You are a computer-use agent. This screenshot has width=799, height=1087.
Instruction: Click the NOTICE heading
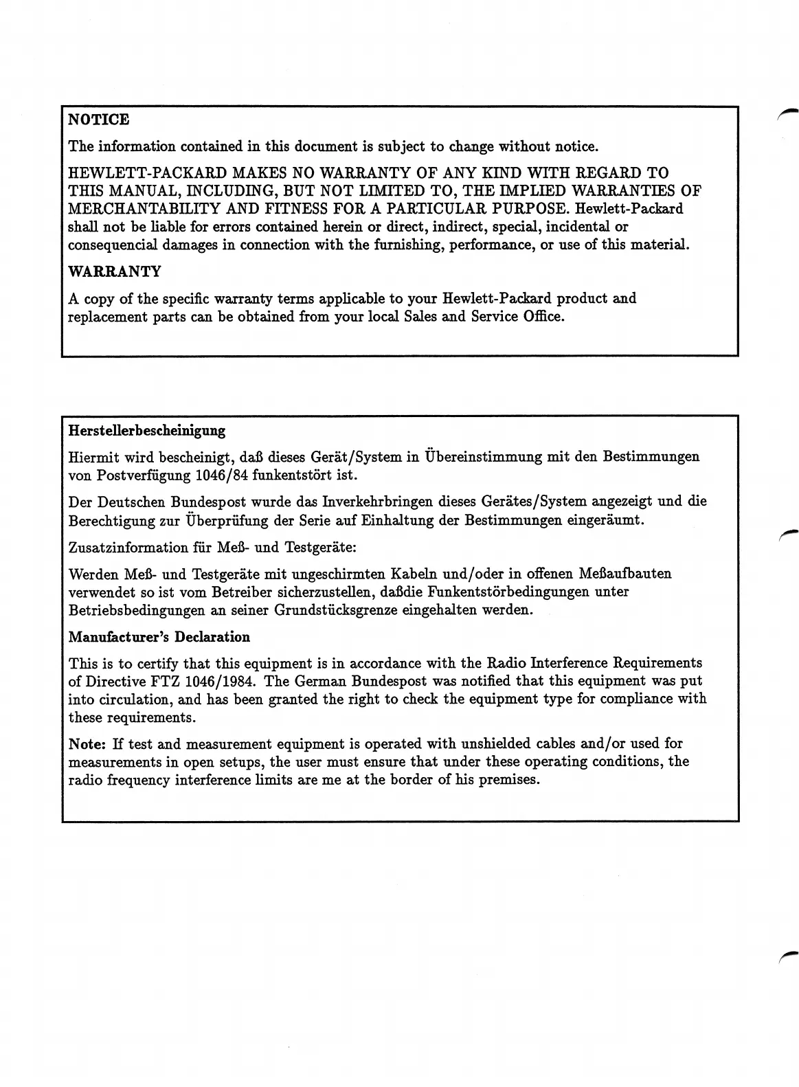[x=99, y=120]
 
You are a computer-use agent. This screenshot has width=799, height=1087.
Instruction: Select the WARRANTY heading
[x=115, y=271]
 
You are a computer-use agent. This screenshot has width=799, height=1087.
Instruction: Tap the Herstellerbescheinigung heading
[x=147, y=431]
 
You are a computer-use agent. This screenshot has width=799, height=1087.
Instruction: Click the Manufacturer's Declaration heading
[x=159, y=637]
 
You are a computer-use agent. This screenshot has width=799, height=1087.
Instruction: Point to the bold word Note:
[x=87, y=743]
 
